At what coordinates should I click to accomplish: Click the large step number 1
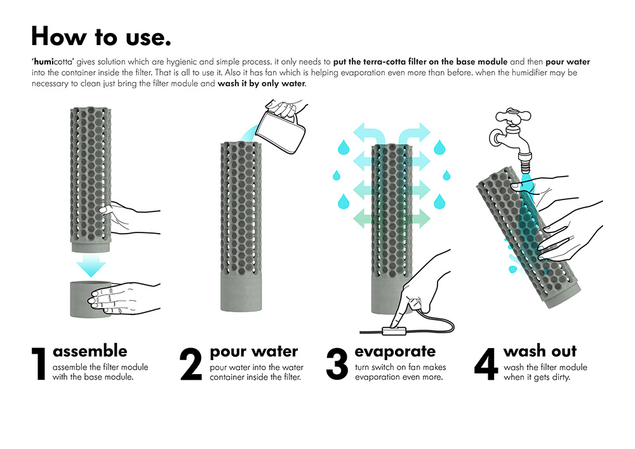pos(39,363)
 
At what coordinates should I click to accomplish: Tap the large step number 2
pos(190,363)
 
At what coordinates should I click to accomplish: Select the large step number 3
pos(337,363)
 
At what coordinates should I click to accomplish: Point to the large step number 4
pos(486,363)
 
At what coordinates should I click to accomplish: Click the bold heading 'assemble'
pos(90,351)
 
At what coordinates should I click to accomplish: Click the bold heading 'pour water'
pos(254,351)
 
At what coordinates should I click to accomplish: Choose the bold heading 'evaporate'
pos(395,351)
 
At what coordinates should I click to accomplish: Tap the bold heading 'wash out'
pos(540,351)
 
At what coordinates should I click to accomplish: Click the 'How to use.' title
pos(101,36)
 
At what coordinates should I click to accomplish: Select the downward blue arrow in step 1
pos(91,265)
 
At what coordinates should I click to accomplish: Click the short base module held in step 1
pos(90,298)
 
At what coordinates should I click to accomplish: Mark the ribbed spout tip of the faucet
pos(526,164)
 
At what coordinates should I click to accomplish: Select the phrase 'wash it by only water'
pos(261,84)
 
